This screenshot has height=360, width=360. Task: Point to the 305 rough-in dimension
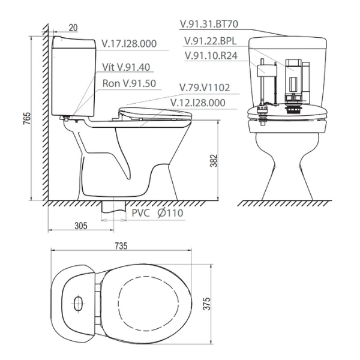[82, 226]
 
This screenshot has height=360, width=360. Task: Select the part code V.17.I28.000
[128, 44]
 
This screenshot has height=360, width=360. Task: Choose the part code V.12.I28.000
[197, 103]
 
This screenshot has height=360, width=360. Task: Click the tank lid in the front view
[288, 42]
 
